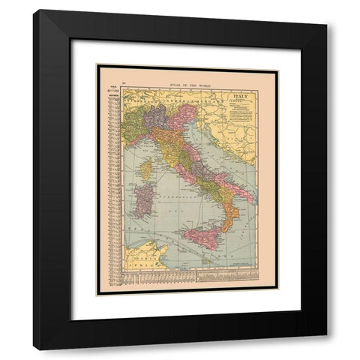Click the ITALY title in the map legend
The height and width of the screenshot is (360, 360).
241,97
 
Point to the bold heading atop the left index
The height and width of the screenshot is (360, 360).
113,91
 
